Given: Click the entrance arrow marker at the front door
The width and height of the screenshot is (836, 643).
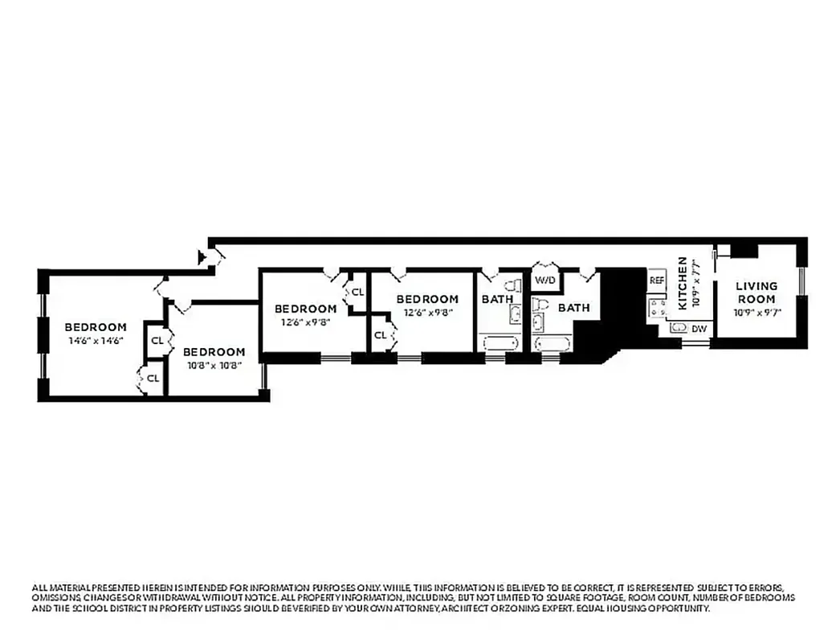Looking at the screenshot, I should (202, 257).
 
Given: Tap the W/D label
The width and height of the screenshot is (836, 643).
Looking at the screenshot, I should (544, 281).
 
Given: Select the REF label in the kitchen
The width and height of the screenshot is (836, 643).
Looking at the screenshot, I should (657, 281).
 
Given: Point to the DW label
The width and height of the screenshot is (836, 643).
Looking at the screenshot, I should (699, 328).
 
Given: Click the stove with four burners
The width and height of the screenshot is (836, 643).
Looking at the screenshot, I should (658, 307).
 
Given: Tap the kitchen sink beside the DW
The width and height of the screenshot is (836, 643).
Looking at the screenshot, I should (679, 328).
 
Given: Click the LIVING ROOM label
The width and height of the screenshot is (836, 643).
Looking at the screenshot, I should (756, 292).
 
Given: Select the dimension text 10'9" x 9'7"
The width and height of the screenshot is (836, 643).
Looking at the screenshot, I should (756, 312).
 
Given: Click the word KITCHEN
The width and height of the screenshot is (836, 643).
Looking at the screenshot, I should (683, 283).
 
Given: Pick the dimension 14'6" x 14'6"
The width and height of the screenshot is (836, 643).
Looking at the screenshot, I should (96, 341).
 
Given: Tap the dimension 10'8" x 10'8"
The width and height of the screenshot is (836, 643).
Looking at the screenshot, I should (214, 366).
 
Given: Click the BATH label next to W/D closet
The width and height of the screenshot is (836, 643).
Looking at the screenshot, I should (573, 307).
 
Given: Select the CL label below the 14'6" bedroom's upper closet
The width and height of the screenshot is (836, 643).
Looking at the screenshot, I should (152, 378).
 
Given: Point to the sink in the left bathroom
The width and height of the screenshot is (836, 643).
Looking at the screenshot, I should (514, 313).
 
